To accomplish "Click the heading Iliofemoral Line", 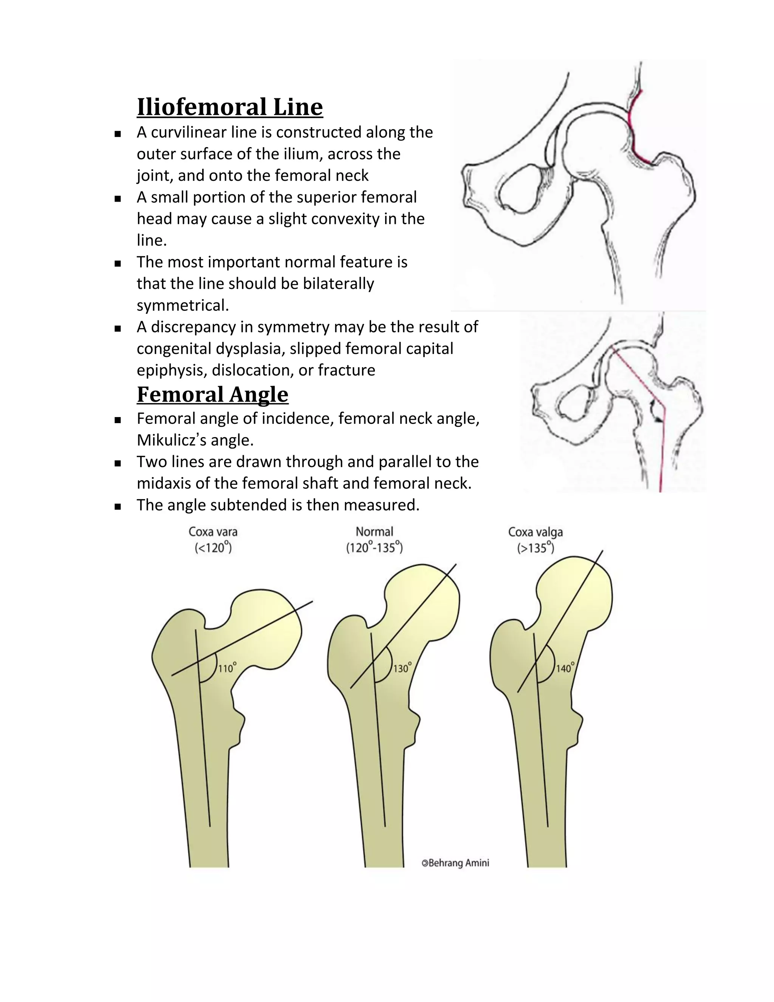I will pyautogui.click(x=230, y=107).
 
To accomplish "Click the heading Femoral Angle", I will pyautogui.click(x=213, y=394).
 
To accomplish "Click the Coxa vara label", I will pyautogui.click(x=213, y=532).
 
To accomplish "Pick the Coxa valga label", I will pyautogui.click(x=535, y=532).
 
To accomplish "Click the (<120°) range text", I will pyautogui.click(x=213, y=548).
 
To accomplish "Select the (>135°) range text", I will pyautogui.click(x=536, y=548).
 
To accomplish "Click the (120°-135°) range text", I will pyautogui.click(x=374, y=548).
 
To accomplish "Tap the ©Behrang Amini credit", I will pyautogui.click(x=455, y=863).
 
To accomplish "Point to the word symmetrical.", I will pyautogui.click(x=182, y=305).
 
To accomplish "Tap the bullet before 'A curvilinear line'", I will pyautogui.click(x=118, y=134).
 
